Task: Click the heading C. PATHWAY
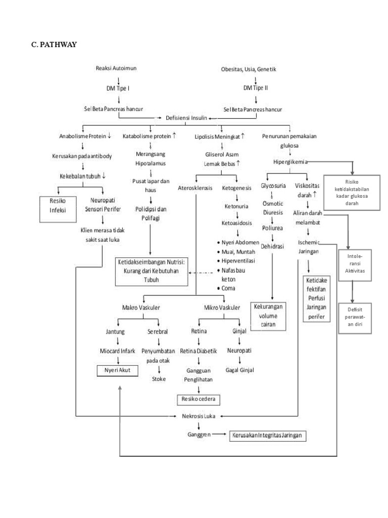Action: point(54,45)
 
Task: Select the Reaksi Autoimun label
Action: point(116,68)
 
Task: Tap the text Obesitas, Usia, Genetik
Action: point(249,69)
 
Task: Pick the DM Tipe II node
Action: point(255,88)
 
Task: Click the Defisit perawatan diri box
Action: point(355,318)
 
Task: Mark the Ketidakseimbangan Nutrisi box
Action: point(152,271)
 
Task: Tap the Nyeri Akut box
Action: point(118,370)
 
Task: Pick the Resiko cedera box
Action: point(198,400)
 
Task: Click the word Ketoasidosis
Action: point(237,222)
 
